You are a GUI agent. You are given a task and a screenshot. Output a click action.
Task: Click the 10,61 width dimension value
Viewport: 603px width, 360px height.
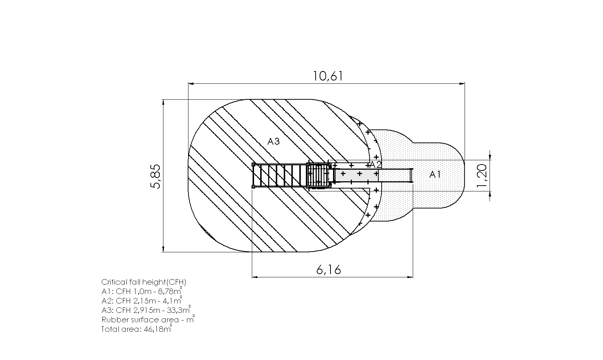(x=328, y=76)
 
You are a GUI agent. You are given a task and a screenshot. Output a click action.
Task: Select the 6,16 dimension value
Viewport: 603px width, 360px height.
(x=328, y=269)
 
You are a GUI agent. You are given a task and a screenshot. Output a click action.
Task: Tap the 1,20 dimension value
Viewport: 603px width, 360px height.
(x=482, y=176)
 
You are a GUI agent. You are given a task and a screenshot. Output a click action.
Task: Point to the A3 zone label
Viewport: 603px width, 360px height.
(x=273, y=141)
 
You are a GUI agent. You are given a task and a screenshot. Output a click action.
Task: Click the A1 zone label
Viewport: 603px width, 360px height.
(x=435, y=174)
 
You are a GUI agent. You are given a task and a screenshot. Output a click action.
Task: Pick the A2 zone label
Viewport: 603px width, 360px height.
(x=376, y=165)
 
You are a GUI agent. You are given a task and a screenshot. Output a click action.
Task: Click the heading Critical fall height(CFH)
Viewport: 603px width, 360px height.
(x=144, y=282)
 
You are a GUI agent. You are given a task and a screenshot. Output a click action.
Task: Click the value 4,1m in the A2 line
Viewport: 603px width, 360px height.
(x=172, y=301)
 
